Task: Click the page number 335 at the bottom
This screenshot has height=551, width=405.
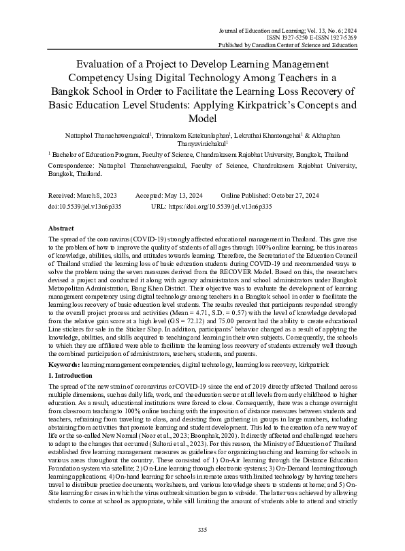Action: tap(202, 529)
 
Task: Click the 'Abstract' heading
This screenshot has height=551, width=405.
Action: tap(63, 228)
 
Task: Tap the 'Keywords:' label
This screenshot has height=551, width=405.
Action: tap(64, 366)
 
